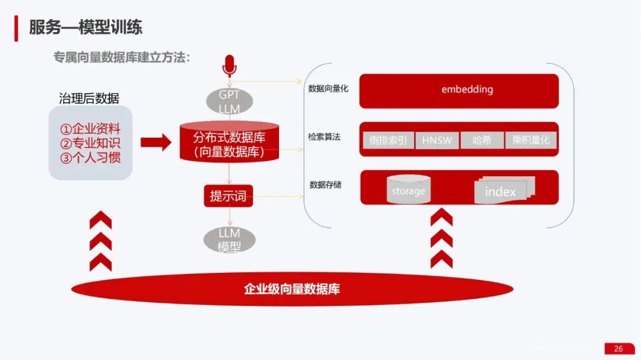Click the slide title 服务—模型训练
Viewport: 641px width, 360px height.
point(86,27)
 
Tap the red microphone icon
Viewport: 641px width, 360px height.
point(229,66)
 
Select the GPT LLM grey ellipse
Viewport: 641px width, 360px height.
point(229,101)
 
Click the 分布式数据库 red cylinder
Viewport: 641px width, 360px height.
point(229,142)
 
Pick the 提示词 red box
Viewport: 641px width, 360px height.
point(229,195)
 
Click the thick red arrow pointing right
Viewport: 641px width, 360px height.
point(155,142)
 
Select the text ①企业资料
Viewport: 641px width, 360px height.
point(90,129)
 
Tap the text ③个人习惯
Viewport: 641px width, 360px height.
point(90,158)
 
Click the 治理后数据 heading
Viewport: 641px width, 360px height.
point(89,98)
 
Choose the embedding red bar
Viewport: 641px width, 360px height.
point(459,90)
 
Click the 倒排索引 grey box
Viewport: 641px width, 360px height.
point(388,141)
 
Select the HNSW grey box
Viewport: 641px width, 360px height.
point(437,141)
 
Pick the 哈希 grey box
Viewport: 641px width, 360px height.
point(482,141)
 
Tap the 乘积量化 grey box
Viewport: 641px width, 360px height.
point(531,141)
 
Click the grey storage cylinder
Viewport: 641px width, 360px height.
point(408,189)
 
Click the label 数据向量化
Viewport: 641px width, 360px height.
point(328,89)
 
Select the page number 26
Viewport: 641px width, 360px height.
point(618,349)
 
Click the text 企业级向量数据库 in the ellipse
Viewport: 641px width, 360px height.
point(291,289)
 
